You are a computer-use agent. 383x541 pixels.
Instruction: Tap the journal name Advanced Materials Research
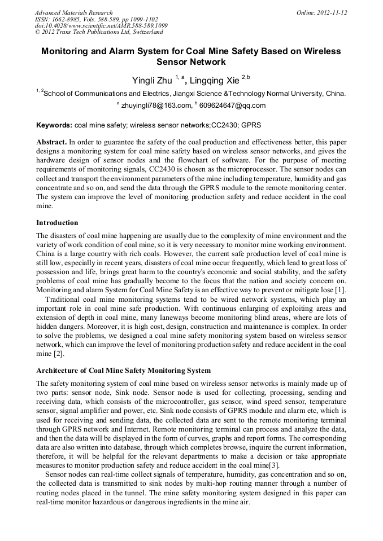click(74, 12)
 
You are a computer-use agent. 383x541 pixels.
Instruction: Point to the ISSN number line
click(97, 19)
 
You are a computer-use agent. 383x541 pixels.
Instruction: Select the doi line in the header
click(101, 26)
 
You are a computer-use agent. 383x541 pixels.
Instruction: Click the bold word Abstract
click(52, 142)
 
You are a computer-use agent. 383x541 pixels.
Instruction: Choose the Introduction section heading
click(57, 223)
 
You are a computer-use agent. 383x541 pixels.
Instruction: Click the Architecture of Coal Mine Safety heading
click(124, 371)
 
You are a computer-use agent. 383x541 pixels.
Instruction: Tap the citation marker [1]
click(341, 289)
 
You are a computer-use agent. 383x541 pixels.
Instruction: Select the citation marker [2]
click(58, 354)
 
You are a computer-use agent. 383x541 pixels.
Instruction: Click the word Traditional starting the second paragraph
click(63, 299)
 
